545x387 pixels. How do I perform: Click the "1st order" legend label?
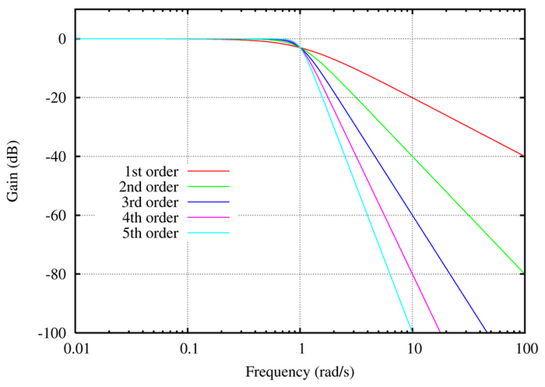tap(152, 171)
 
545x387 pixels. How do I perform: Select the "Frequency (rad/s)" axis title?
tap(301, 371)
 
